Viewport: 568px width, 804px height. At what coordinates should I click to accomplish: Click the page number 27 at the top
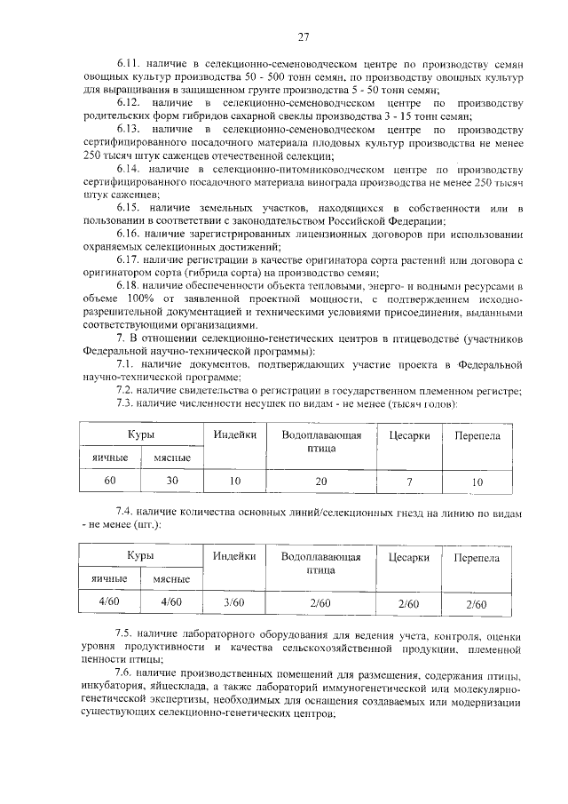pyautogui.click(x=303, y=36)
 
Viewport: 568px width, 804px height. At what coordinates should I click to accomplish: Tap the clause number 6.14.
pyautogui.click(x=131, y=169)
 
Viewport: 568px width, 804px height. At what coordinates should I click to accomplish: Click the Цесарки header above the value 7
pyautogui.click(x=409, y=435)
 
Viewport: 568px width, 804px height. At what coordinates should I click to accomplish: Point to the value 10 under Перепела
pyautogui.click(x=477, y=481)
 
